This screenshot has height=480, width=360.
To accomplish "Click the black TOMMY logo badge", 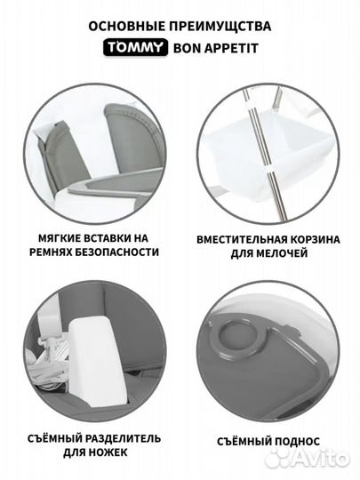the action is pyautogui.click(x=135, y=47).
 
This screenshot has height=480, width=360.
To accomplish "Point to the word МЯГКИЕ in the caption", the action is pyautogui.click(x=58, y=238).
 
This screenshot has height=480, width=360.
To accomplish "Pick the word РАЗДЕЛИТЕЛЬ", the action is pyautogui.click(x=123, y=438).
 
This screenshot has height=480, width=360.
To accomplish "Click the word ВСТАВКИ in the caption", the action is pyautogui.click(x=107, y=238).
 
